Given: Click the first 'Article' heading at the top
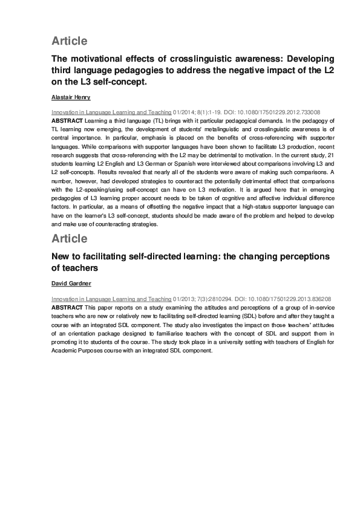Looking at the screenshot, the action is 69,41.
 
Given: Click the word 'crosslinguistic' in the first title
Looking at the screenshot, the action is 190,59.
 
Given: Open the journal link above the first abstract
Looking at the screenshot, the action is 111,112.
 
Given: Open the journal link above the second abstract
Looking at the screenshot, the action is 111,299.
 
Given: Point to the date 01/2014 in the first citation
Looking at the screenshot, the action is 186,112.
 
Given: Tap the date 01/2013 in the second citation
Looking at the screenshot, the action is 186,299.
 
